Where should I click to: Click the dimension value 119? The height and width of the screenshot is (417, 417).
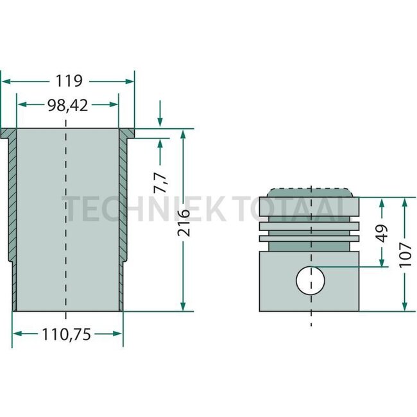click(69, 81)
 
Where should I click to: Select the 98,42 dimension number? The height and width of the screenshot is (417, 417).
click(67, 105)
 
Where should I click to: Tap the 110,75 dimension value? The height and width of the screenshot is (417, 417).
click(67, 334)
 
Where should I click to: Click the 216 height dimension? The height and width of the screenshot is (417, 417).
click(183, 221)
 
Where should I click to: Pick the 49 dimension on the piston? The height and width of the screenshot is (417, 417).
click(382, 233)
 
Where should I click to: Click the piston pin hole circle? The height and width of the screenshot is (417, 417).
click(311, 280)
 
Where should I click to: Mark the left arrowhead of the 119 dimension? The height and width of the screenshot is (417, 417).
click(4, 81)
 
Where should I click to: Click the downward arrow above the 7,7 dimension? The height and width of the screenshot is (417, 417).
click(160, 123)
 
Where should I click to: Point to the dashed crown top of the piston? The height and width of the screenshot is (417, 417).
click(311, 189)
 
